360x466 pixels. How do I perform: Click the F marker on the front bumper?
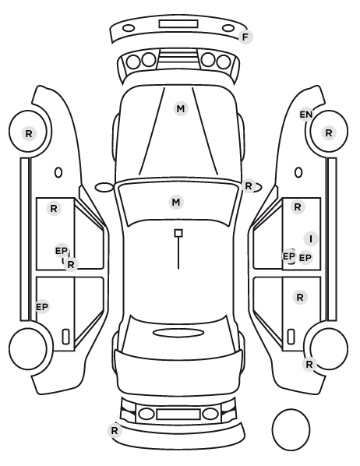click(x=245, y=37)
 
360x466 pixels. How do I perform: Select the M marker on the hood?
click(x=181, y=109)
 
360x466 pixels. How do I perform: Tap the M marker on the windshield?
click(x=176, y=203)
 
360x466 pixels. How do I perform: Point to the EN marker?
click(x=306, y=115)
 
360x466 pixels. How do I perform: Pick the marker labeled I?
click(x=311, y=239)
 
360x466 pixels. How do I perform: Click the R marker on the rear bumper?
click(x=115, y=430)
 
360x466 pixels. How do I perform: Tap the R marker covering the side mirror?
click(x=249, y=186)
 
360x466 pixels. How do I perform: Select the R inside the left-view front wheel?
click(x=29, y=134)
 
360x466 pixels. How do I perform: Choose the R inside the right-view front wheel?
click(x=329, y=132)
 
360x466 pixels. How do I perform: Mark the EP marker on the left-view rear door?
click(x=42, y=307)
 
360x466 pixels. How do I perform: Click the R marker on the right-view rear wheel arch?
click(x=309, y=364)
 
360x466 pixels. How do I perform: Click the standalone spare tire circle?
click(x=291, y=429)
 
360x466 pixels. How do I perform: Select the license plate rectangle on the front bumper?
click(x=178, y=24)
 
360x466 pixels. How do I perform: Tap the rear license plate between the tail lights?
click(x=178, y=415)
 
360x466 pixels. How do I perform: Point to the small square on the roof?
click(x=178, y=233)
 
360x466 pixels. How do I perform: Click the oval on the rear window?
click(x=178, y=333)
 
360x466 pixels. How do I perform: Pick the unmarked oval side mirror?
click(x=104, y=188)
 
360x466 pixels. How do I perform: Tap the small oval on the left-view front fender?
click(x=58, y=172)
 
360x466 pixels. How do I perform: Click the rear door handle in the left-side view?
click(x=65, y=337)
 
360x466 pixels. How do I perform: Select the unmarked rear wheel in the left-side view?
click(x=28, y=348)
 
